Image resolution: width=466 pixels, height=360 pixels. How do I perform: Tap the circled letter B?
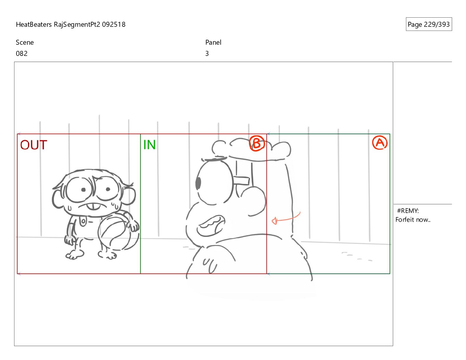[x=257, y=143]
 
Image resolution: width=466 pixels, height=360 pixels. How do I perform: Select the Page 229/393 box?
[x=429, y=24]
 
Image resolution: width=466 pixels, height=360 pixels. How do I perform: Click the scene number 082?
[x=22, y=54]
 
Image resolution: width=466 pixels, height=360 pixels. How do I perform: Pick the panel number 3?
[x=207, y=54]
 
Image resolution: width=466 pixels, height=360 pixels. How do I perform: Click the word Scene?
[x=25, y=42]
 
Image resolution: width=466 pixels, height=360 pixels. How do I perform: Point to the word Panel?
[x=213, y=42]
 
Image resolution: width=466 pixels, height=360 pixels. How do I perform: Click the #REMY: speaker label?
[x=408, y=211]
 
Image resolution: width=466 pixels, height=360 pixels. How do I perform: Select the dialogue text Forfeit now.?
[x=413, y=220]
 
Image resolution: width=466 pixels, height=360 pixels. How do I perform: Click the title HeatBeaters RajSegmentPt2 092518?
[x=71, y=24]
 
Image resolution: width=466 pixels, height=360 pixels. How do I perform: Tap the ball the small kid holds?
[x=117, y=233]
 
